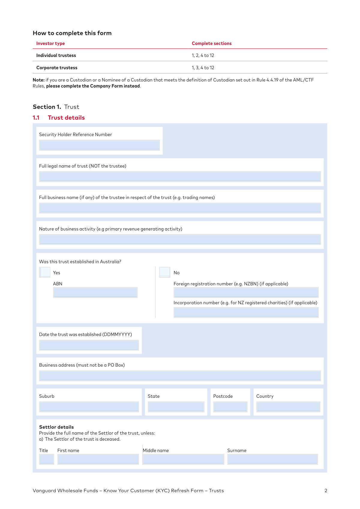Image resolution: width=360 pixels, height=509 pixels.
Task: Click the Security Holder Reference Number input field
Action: click(x=99, y=145)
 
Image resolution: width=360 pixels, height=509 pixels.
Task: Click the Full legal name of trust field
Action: click(x=180, y=177)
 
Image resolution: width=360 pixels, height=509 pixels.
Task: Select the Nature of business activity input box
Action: click(x=180, y=240)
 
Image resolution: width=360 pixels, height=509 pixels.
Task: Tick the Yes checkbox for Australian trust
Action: click(x=45, y=272)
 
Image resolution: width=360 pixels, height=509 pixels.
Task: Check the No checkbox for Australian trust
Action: click(x=165, y=272)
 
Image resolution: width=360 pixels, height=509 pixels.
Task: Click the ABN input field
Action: click(x=95, y=292)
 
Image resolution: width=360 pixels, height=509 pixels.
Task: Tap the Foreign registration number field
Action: click(x=246, y=292)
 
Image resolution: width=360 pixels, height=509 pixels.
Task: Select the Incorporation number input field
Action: click(x=246, y=312)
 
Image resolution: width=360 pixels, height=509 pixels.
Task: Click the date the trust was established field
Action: click(x=89, y=345)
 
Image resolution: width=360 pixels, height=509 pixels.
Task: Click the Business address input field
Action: click(x=180, y=376)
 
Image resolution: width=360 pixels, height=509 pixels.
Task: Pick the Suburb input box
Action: click(x=89, y=407)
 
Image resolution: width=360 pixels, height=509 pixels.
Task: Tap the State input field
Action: click(x=176, y=407)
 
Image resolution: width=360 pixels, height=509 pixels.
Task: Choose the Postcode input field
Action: click(x=230, y=407)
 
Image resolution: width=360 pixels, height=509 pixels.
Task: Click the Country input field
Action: click(x=288, y=407)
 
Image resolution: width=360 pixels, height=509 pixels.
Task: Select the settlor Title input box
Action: click(x=46, y=459)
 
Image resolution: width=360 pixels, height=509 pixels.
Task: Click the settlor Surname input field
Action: click(x=272, y=459)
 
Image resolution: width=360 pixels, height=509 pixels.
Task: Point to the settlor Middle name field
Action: click(x=183, y=459)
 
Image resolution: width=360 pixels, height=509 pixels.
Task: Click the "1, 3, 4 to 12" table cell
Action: click(x=203, y=68)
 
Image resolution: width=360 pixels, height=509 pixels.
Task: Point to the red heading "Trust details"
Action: click(x=66, y=118)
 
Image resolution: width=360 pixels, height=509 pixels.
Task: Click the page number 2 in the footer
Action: click(x=326, y=491)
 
